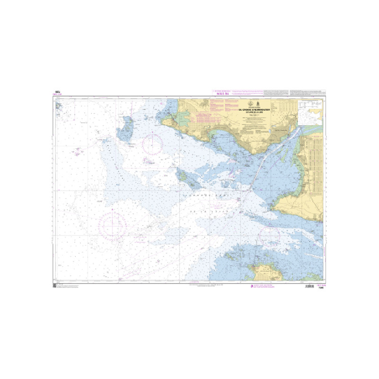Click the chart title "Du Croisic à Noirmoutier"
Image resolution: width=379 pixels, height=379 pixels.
tap(252, 108)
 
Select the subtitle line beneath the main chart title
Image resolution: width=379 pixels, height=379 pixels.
tap(252, 111)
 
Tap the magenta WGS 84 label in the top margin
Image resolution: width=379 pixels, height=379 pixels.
tap(217, 94)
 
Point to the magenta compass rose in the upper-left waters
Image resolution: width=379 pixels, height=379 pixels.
tap(153, 144)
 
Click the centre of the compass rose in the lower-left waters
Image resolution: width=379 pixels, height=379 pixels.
tap(112, 224)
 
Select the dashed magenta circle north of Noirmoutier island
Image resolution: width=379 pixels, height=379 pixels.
tap(270, 235)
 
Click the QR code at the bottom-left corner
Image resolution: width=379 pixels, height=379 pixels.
tap(55, 286)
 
